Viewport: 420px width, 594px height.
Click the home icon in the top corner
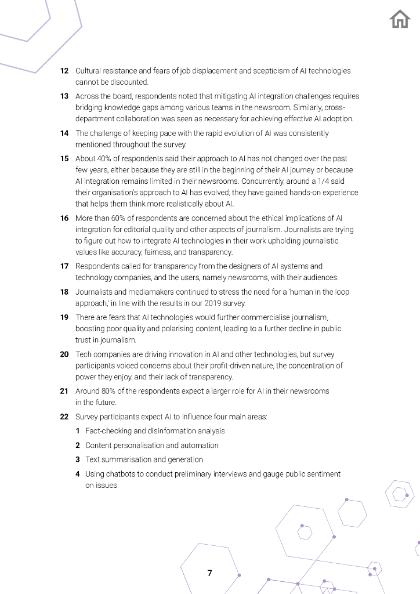pyautogui.click(x=400, y=20)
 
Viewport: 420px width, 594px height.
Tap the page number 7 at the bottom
pyautogui.click(x=209, y=573)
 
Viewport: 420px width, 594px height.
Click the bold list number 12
pyautogui.click(x=65, y=71)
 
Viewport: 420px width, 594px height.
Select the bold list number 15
pyautogui.click(x=65, y=158)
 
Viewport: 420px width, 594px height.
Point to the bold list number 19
pyautogui.click(x=65, y=317)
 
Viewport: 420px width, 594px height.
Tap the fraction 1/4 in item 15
pyautogui.click(x=308, y=181)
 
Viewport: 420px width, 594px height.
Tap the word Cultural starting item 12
pyautogui.click(x=89, y=71)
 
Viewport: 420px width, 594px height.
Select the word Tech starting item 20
pyautogui.click(x=83, y=354)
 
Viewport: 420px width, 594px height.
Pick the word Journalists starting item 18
pyautogui.click(x=93, y=292)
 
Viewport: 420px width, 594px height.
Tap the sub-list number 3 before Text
pyautogui.click(x=78, y=459)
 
